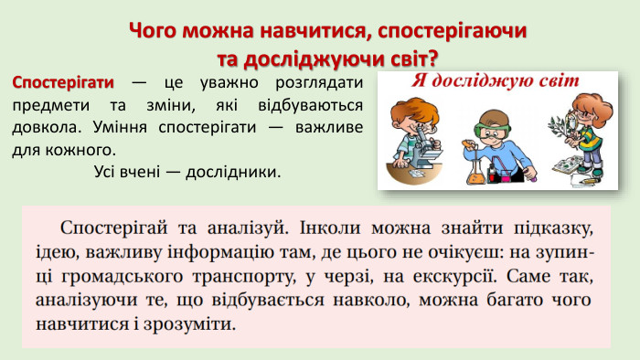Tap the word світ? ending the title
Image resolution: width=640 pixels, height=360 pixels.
pos(411,58)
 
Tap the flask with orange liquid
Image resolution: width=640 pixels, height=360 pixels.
pos(475,166)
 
